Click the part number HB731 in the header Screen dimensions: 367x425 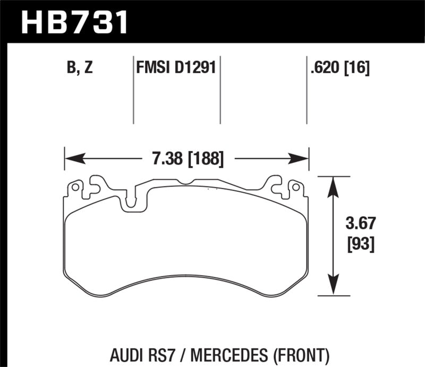point(74,22)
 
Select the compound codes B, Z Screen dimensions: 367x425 point(80,69)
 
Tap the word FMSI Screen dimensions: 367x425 point(152,69)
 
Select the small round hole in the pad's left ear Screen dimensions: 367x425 point(75,187)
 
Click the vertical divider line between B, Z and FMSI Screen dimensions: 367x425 point(133,90)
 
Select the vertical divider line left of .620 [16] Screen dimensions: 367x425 point(307,90)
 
